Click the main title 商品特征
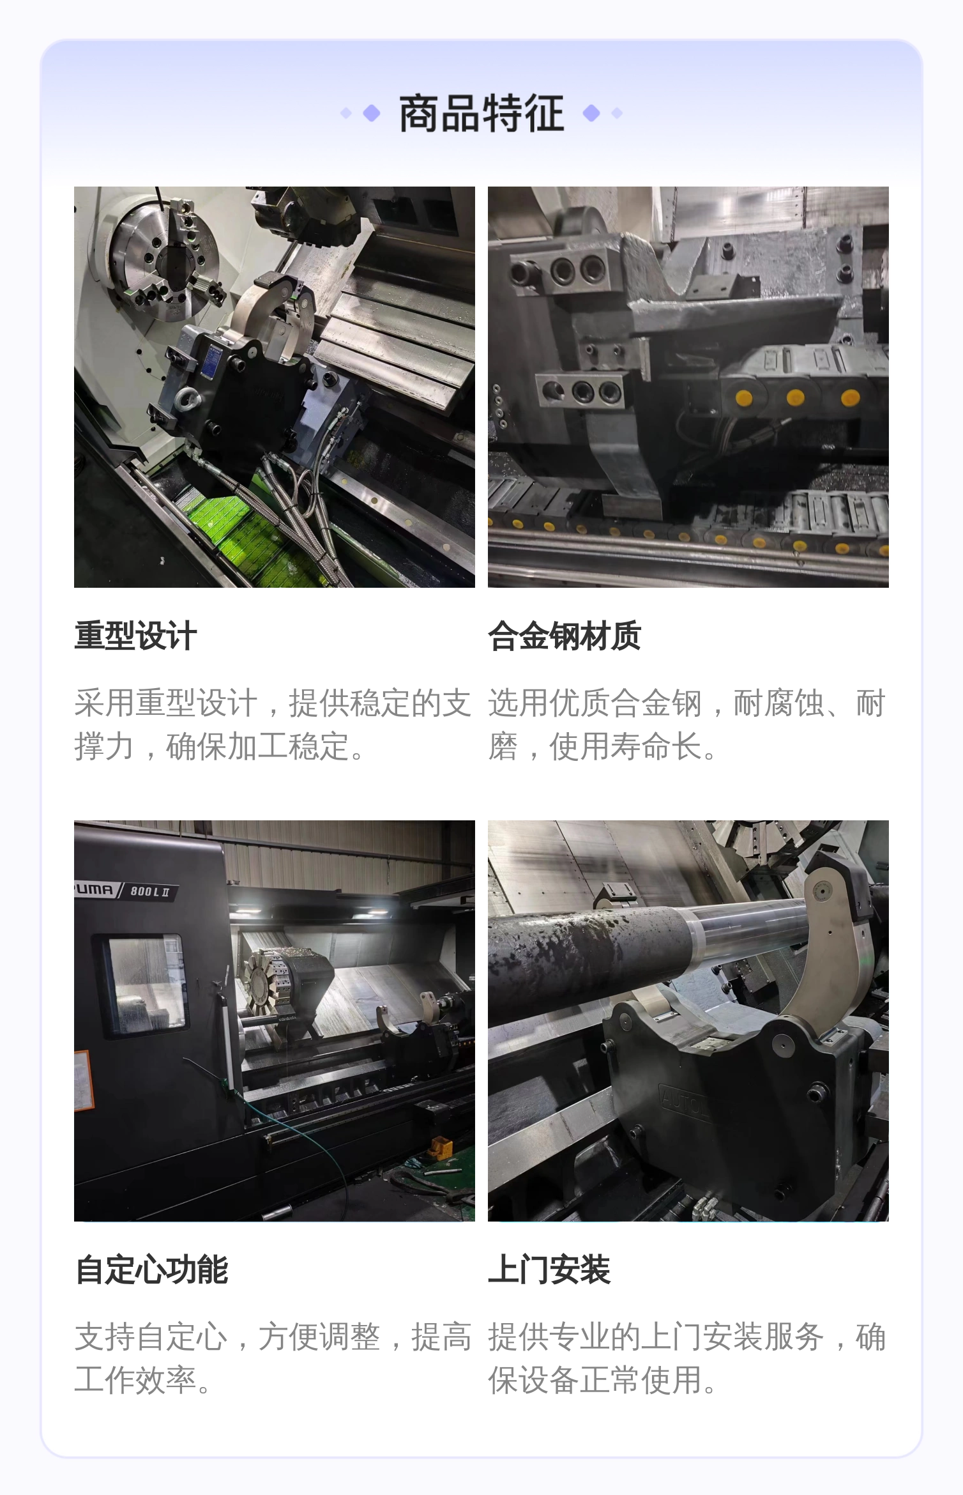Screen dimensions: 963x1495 click(x=481, y=114)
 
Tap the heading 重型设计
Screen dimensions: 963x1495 click(x=135, y=636)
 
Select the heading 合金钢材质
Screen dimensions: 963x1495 click(x=565, y=636)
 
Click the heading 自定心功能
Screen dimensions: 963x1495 click(x=151, y=1270)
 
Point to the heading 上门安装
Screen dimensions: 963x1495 click(x=549, y=1270)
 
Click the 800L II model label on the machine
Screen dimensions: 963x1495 click(x=149, y=891)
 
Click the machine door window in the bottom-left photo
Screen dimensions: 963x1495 click(x=144, y=985)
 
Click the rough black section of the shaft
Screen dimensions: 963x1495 click(x=588, y=958)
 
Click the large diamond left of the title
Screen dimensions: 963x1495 click(x=372, y=114)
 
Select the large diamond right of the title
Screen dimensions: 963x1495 click(x=592, y=114)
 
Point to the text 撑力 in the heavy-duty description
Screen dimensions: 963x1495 click(x=104, y=746)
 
